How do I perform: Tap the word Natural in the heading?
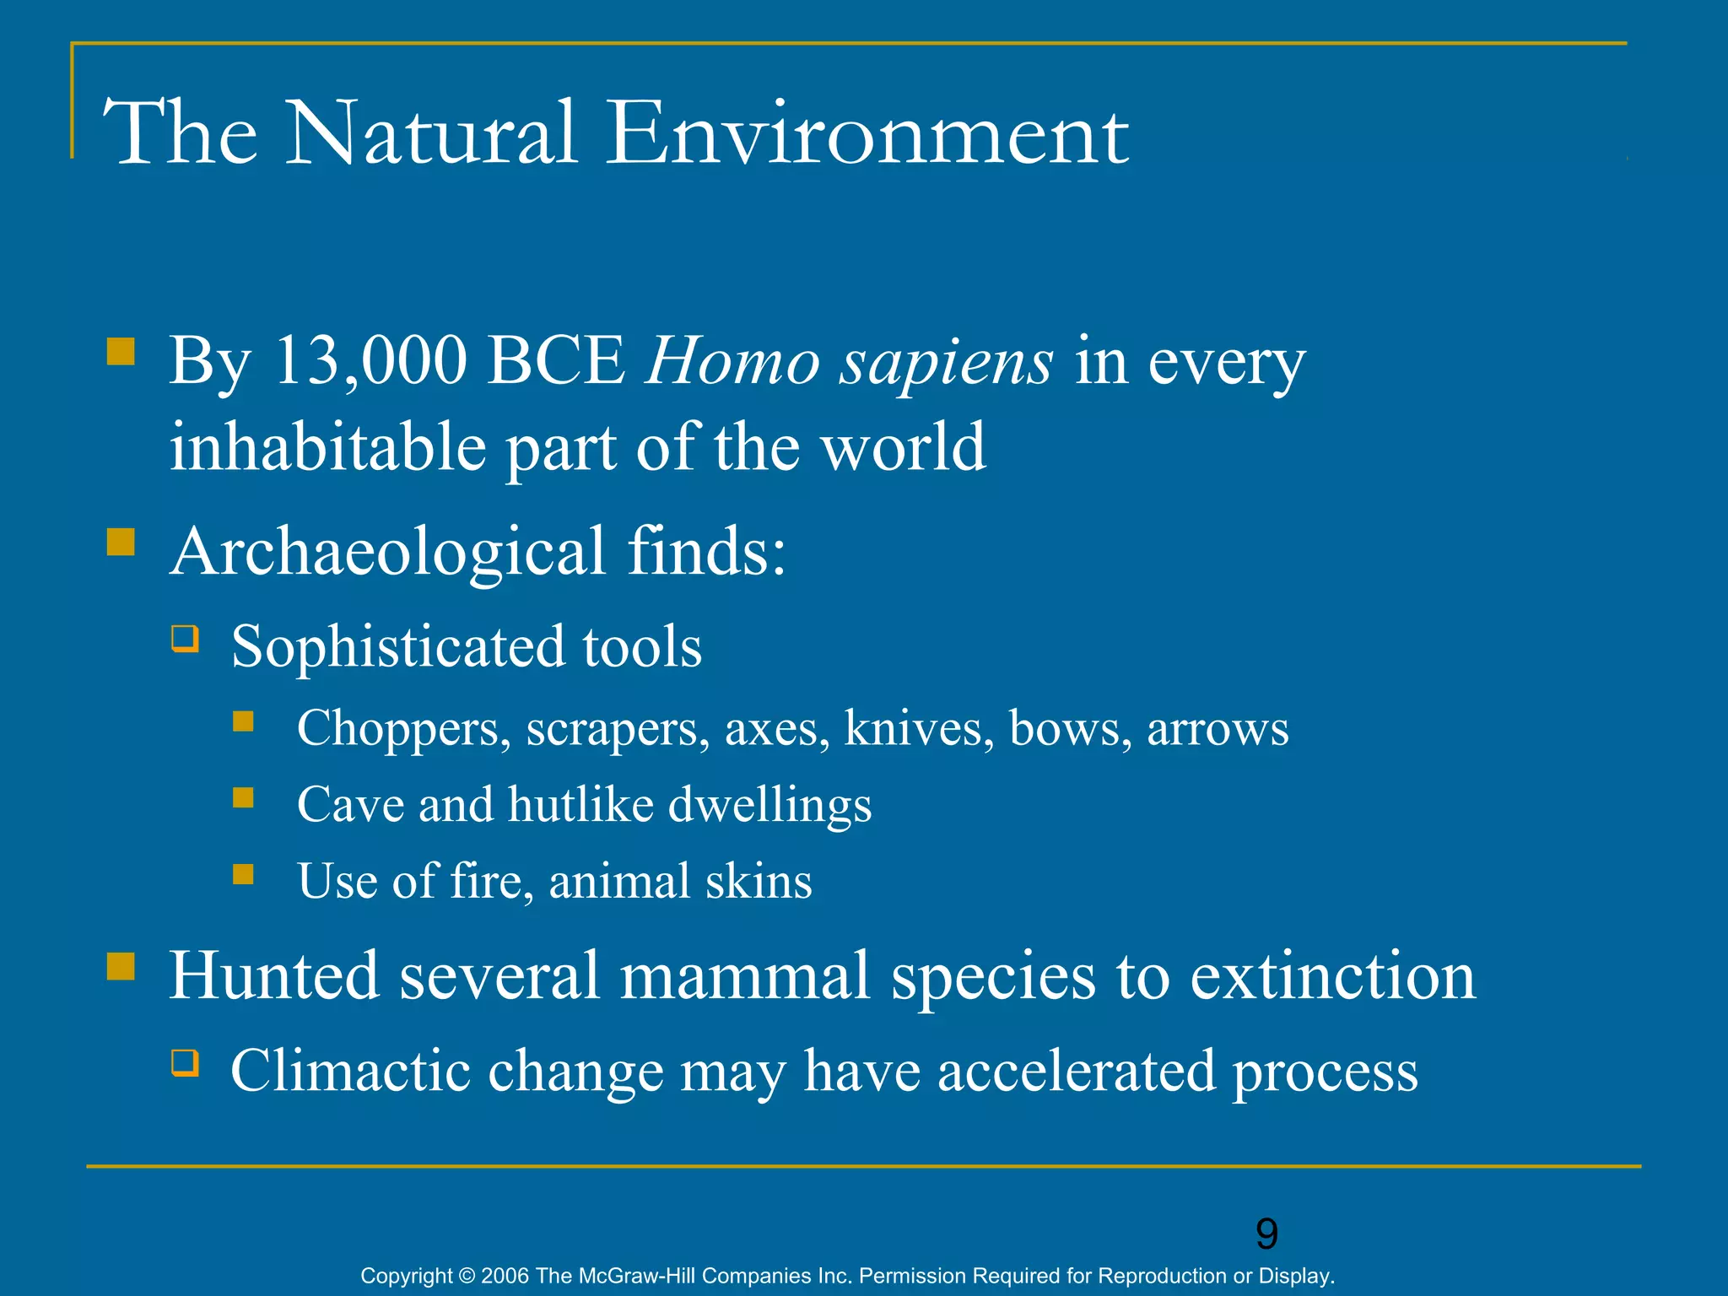[x=432, y=133]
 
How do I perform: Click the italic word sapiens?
[x=945, y=363]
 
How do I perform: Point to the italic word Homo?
[x=732, y=361]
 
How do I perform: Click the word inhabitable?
[x=327, y=446]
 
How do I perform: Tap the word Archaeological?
[x=388, y=552]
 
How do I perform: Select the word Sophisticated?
[x=397, y=647]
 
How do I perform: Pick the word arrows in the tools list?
[x=1218, y=729]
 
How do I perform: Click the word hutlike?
[x=580, y=804]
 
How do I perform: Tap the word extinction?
[x=1332, y=976]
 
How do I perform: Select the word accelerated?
[x=1076, y=1071]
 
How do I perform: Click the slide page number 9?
[x=1266, y=1234]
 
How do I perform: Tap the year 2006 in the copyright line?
[x=505, y=1276]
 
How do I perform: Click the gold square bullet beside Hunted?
[x=121, y=966]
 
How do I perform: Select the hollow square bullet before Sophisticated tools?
[x=185, y=639]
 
